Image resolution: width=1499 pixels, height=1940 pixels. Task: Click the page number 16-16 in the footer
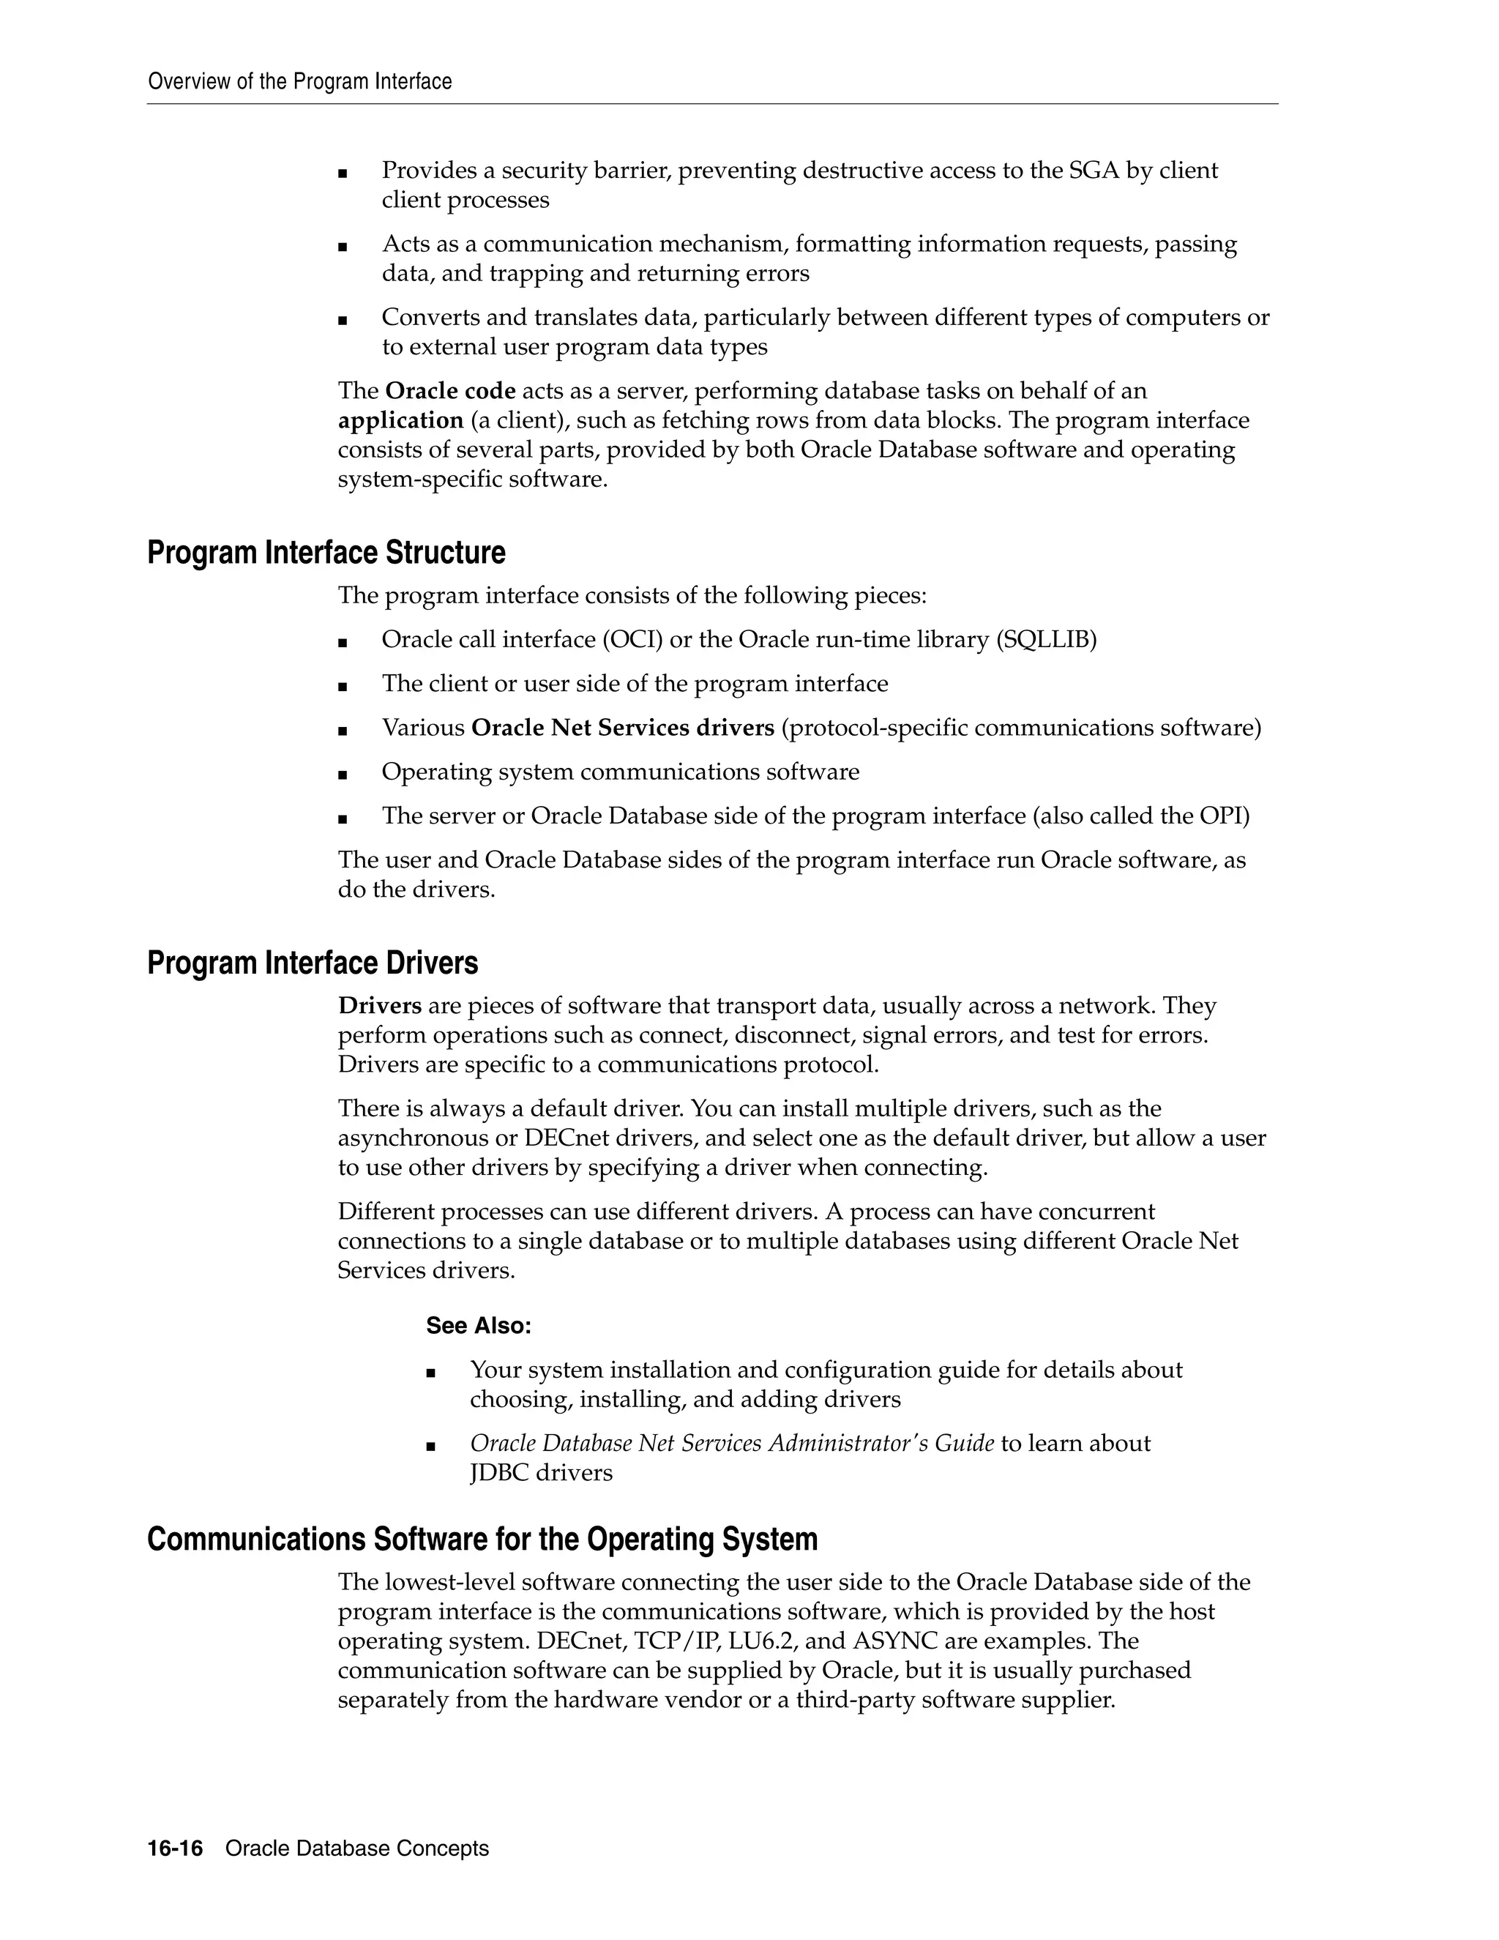(175, 1848)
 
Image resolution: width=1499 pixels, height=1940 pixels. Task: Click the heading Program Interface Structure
(326, 553)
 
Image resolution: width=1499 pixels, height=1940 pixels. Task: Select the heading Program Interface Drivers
(313, 963)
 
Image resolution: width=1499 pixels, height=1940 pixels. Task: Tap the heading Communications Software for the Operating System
(482, 1540)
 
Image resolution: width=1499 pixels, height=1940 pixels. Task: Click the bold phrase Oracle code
(450, 391)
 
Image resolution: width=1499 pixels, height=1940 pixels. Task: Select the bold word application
(400, 420)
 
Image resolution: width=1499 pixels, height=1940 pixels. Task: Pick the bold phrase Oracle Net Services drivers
(623, 728)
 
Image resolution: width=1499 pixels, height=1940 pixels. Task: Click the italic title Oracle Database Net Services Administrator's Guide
(732, 1444)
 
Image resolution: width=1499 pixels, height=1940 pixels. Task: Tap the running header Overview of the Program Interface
(300, 82)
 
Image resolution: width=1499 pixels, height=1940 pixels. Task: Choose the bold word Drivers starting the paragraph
(379, 1007)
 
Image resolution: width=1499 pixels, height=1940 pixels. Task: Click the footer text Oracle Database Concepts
(357, 1848)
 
